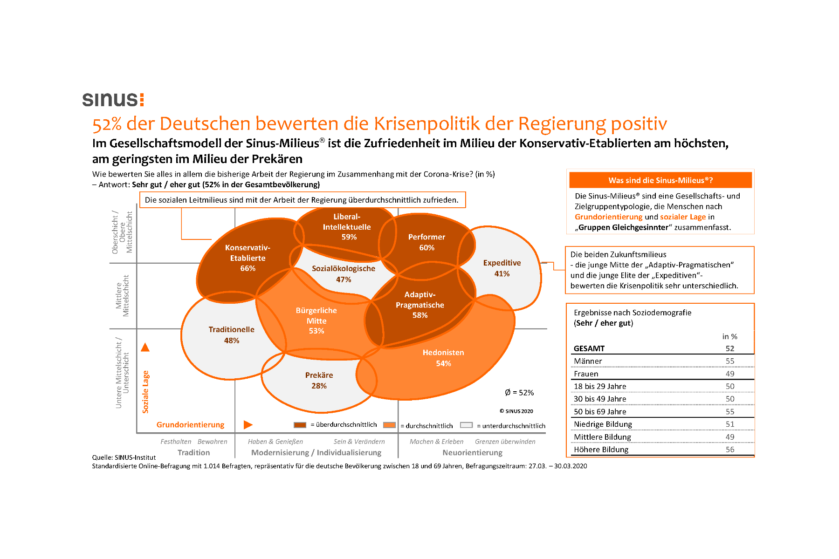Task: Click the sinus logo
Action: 113,99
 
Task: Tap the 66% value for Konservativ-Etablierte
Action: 248,268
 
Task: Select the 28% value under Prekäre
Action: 319,386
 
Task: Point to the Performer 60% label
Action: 426,242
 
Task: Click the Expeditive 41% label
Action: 502,268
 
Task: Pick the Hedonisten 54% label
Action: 443,358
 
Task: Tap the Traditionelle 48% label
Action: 231,335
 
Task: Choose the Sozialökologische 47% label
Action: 344,274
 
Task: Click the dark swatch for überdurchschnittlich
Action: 300,425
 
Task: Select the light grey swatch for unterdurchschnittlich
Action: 466,425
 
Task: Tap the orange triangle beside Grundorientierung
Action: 248,424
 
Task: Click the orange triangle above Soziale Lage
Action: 145,347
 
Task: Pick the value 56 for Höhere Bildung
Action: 729,450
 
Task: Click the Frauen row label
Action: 586,374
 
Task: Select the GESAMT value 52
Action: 729,348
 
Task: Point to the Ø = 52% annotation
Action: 519,393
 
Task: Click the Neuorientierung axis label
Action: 472,452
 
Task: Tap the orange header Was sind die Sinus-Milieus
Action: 660,180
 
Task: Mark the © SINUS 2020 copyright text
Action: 516,411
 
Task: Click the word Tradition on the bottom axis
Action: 193,452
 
